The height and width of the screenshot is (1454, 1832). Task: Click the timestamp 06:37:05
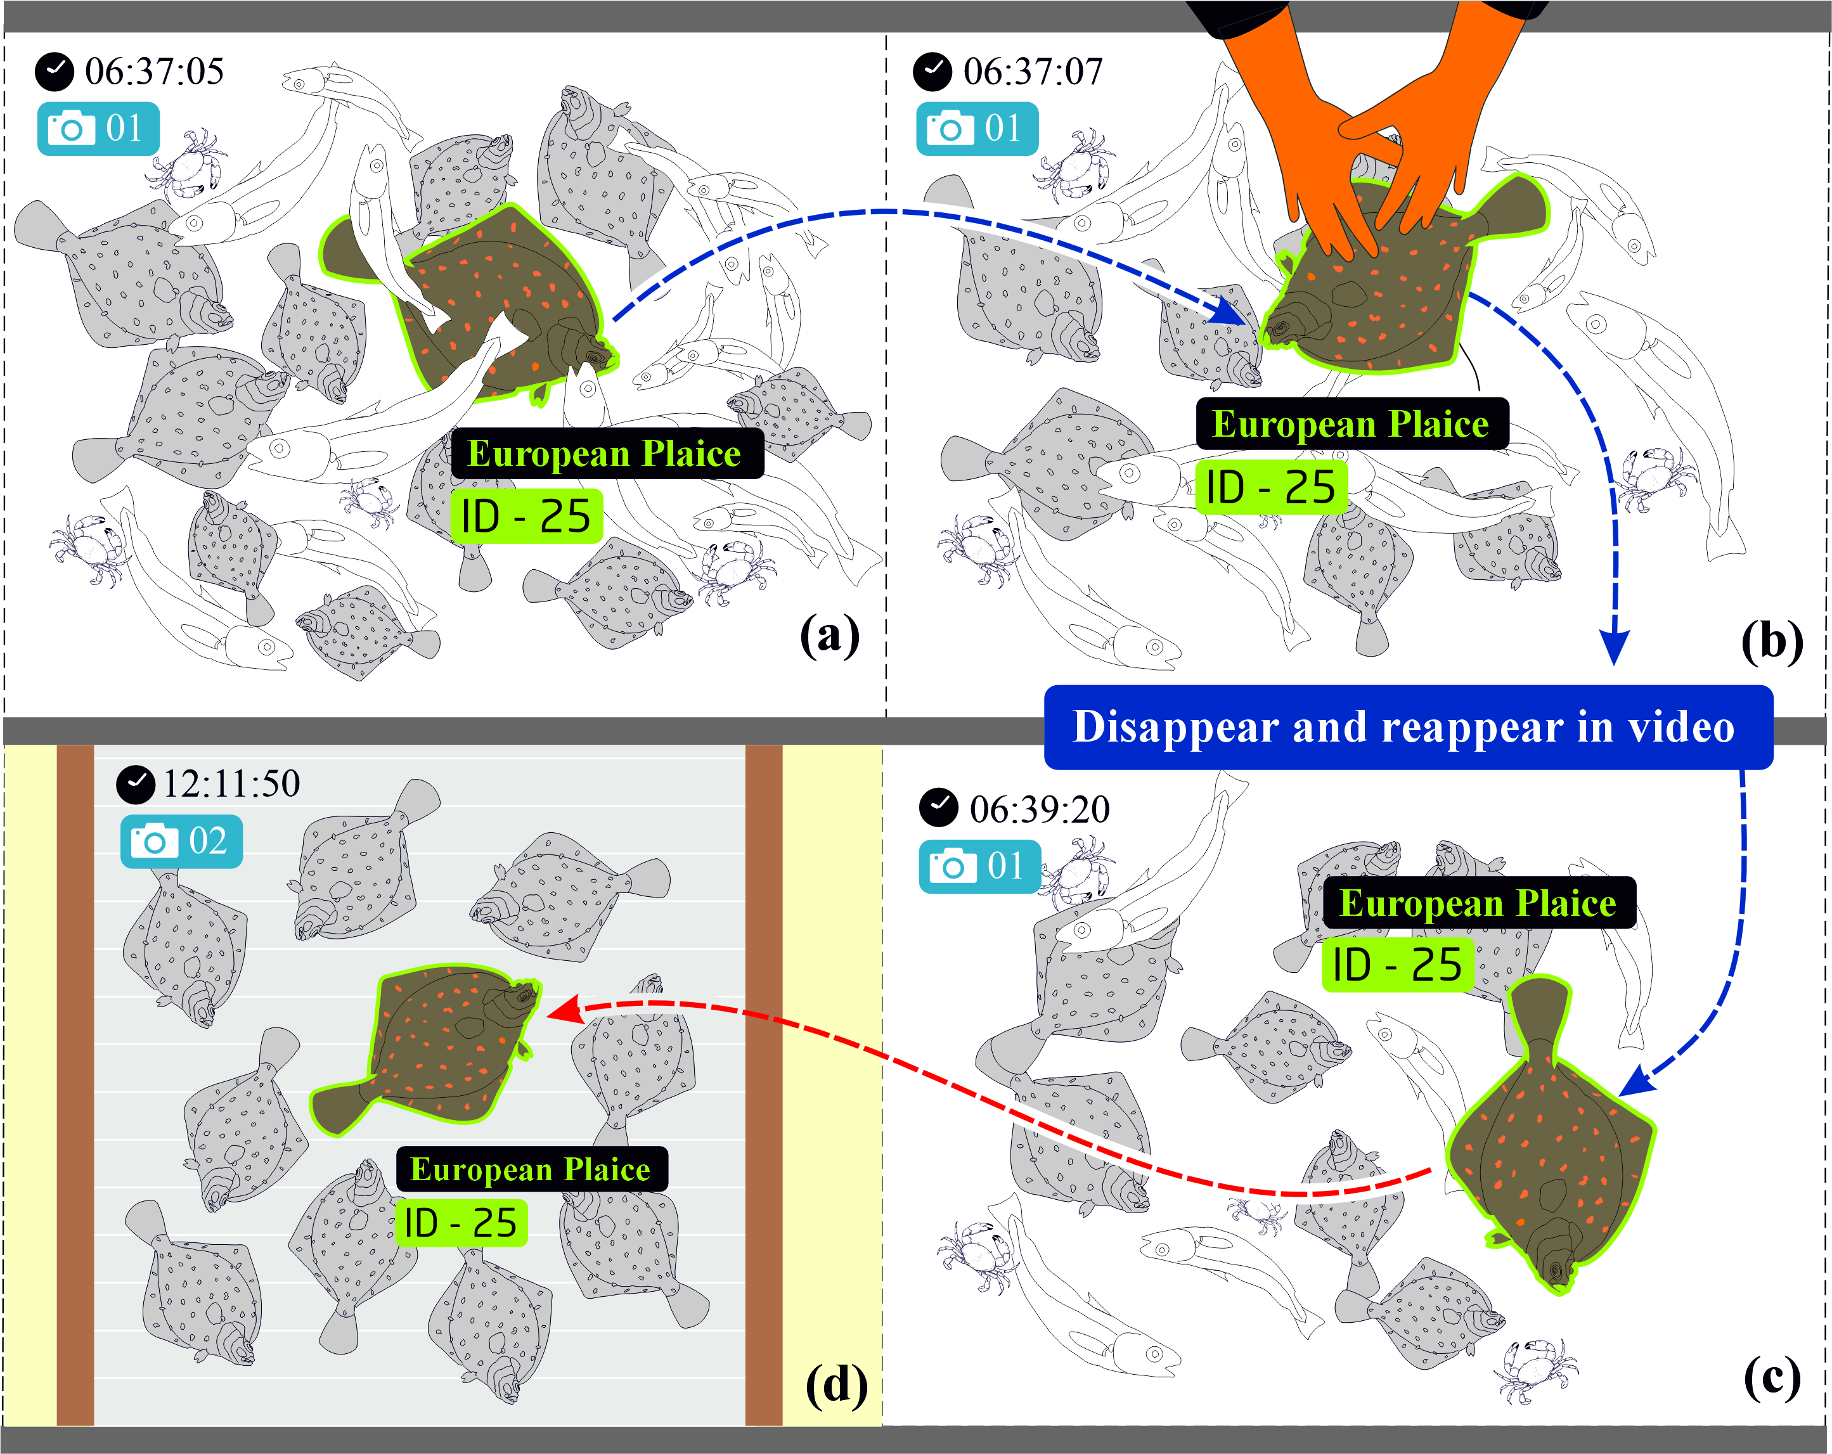[x=154, y=72]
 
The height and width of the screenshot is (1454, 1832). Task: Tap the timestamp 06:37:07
[x=1033, y=72]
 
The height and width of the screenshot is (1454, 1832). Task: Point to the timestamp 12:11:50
[x=231, y=783]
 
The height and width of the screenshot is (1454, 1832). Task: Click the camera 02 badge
[x=181, y=841]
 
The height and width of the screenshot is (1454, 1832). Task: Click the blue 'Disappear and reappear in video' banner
[x=1408, y=728]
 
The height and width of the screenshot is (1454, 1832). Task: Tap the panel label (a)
[x=829, y=636]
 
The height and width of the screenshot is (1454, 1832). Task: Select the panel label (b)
[x=1772, y=641]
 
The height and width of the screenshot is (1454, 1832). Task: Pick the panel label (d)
[x=836, y=1385]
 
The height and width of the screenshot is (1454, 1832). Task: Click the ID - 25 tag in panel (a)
[x=526, y=517]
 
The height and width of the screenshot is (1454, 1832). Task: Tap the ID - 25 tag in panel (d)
[x=461, y=1223]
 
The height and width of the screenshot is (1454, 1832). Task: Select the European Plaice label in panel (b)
[x=1352, y=423]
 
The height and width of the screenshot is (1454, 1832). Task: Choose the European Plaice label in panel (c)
[x=1478, y=903]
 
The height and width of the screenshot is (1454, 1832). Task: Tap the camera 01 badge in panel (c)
[x=979, y=866]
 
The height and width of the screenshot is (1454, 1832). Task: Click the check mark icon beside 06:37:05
[x=55, y=72]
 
